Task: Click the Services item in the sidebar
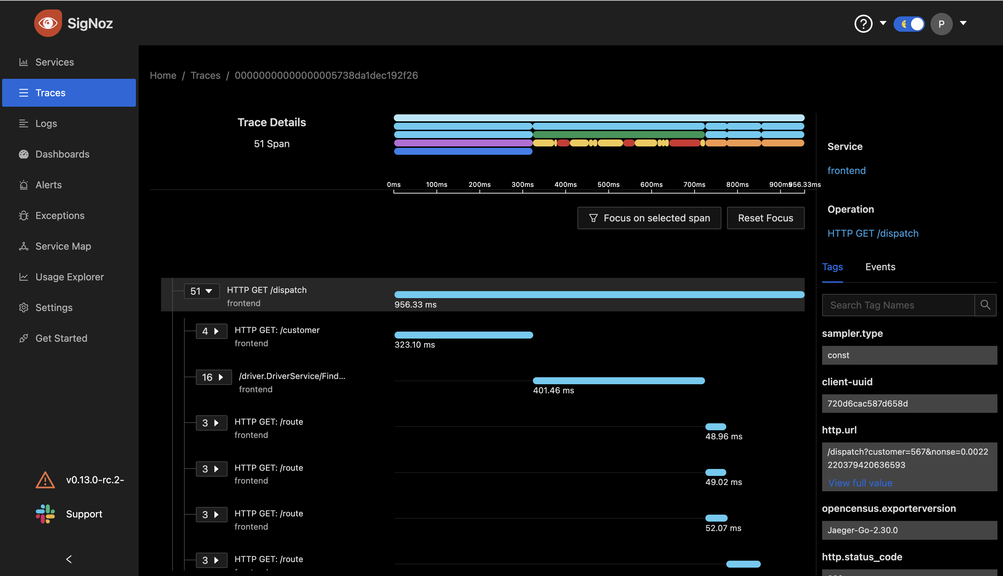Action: click(x=55, y=62)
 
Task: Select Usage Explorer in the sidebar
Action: click(x=69, y=277)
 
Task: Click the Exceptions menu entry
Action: click(x=60, y=215)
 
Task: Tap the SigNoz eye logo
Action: click(x=48, y=23)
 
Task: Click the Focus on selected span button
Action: click(x=649, y=218)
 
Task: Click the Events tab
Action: click(x=880, y=267)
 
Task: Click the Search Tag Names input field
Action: click(x=898, y=305)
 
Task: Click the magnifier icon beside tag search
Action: click(x=985, y=305)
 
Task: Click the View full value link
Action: click(x=860, y=483)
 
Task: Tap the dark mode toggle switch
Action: click(x=909, y=24)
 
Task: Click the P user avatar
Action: click(x=941, y=24)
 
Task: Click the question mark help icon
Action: click(x=864, y=24)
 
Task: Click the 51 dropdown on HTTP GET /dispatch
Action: click(x=202, y=291)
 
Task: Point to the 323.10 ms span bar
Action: click(x=464, y=335)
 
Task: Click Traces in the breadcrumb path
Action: click(x=205, y=76)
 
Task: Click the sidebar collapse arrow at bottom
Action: click(x=69, y=559)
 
